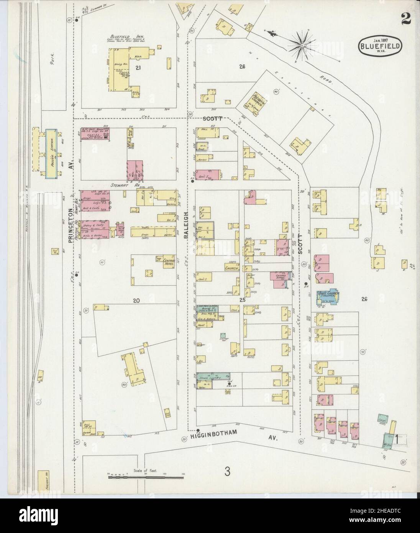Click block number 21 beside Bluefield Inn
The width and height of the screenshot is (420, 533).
(x=137, y=67)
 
